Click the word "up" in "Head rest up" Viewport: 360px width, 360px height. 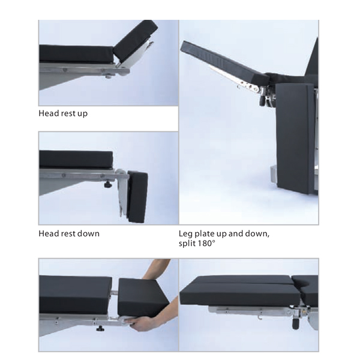82,114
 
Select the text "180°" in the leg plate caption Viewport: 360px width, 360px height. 206,244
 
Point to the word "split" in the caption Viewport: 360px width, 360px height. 187,244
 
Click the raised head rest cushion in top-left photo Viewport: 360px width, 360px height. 136,40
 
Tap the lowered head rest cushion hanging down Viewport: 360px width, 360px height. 137,197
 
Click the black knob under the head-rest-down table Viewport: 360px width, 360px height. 107,185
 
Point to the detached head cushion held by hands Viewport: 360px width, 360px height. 142,297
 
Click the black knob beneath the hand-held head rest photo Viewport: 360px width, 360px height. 100,329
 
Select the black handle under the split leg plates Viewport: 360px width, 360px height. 295,324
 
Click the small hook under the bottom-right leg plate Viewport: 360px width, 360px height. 261,318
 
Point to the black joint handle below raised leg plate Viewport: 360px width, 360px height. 262,101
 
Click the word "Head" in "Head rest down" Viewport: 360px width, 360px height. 47,233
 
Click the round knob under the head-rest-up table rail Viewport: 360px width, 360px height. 109,76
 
